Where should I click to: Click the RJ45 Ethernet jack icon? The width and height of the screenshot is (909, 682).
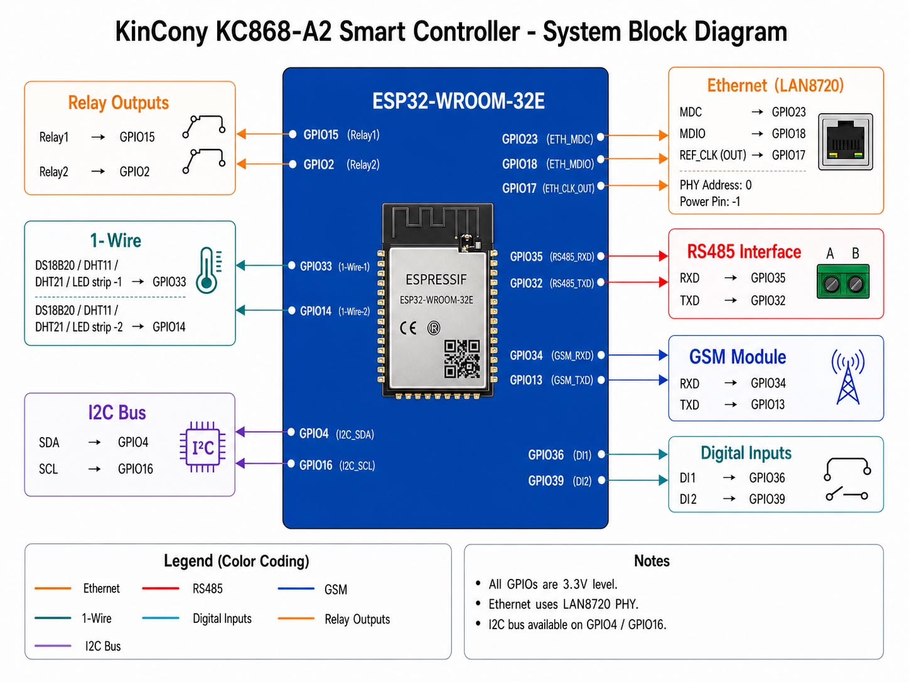(845, 142)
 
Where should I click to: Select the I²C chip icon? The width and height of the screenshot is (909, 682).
(203, 447)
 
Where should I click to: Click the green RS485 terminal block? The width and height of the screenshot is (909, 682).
(842, 282)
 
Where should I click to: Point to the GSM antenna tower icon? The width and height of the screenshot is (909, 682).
(847, 377)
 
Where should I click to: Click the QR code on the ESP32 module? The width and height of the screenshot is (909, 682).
(462, 359)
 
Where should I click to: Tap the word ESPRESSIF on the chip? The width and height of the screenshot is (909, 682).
(436, 280)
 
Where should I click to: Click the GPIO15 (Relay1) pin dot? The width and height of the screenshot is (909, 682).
(293, 134)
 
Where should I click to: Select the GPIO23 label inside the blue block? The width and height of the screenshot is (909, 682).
(520, 139)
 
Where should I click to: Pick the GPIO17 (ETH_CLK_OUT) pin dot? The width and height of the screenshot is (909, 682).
(601, 185)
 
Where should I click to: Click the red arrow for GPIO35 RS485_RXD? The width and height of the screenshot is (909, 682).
(637, 256)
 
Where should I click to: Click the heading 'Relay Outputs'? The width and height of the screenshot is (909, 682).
(119, 103)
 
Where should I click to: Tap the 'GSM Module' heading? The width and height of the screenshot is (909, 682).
(738, 357)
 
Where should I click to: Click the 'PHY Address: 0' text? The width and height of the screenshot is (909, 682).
(716, 185)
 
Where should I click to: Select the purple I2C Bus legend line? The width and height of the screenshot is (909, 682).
(53, 646)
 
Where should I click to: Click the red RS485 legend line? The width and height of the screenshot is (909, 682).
(161, 588)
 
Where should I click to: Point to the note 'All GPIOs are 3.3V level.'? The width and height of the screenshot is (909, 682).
(553, 584)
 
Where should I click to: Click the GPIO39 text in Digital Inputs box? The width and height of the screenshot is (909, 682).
(767, 499)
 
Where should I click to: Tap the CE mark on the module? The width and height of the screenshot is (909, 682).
(407, 328)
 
